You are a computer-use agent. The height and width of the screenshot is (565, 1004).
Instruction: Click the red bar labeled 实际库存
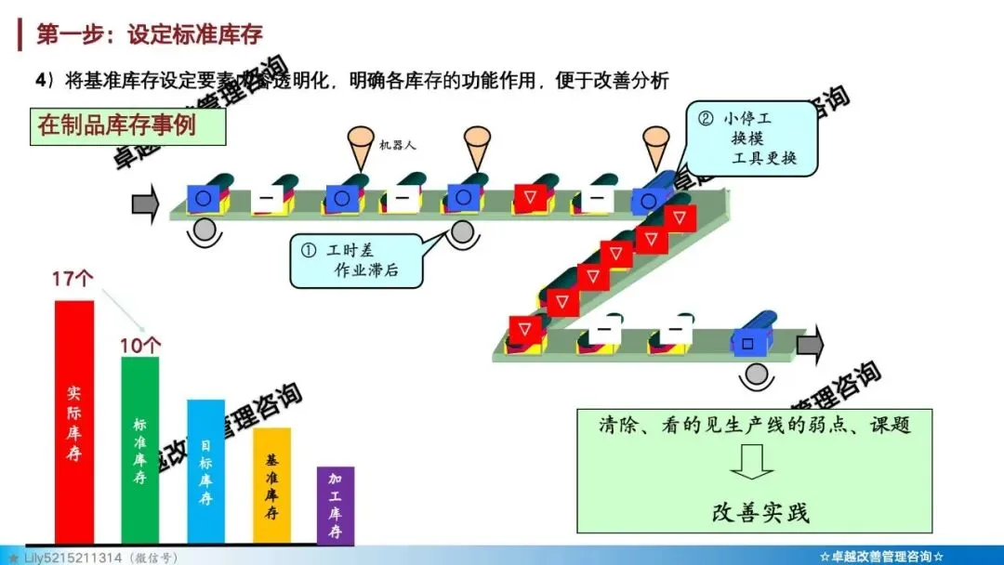tap(74, 423)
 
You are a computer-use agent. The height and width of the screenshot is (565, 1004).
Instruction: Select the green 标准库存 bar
tap(139, 451)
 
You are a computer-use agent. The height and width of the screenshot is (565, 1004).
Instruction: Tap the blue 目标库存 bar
tap(205, 472)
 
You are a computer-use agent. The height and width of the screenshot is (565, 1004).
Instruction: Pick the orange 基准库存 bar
tap(271, 485)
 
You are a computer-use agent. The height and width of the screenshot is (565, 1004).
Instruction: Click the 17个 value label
tap(73, 280)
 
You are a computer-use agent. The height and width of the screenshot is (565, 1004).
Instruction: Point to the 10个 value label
tap(139, 345)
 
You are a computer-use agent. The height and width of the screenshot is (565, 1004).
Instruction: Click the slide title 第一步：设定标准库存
tap(149, 34)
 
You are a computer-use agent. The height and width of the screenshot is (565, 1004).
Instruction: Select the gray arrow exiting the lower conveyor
tap(810, 345)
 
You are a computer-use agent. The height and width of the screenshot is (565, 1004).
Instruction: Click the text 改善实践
tap(760, 512)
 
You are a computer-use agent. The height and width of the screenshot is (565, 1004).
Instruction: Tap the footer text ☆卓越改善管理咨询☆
tap(882, 557)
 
